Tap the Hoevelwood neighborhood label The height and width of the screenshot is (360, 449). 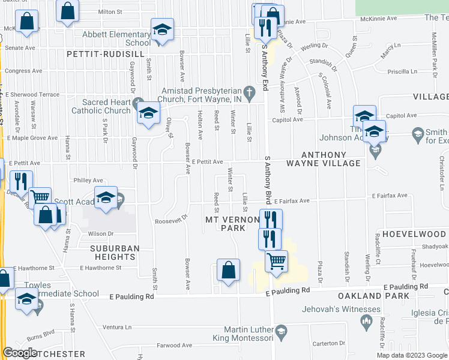point(415,233)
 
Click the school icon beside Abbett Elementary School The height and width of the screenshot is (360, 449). point(161,31)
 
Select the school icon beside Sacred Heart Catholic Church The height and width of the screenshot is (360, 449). point(148,113)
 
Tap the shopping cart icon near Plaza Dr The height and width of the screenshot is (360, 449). point(276,260)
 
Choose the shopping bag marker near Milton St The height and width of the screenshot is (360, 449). point(68,10)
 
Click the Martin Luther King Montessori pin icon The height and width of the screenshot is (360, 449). point(280,332)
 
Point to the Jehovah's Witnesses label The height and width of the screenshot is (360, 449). point(342,310)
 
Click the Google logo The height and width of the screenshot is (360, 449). point(20,353)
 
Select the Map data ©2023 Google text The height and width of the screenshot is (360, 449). point(412,355)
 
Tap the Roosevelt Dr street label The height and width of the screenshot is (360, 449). point(172,217)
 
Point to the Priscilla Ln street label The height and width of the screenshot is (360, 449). point(402,71)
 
